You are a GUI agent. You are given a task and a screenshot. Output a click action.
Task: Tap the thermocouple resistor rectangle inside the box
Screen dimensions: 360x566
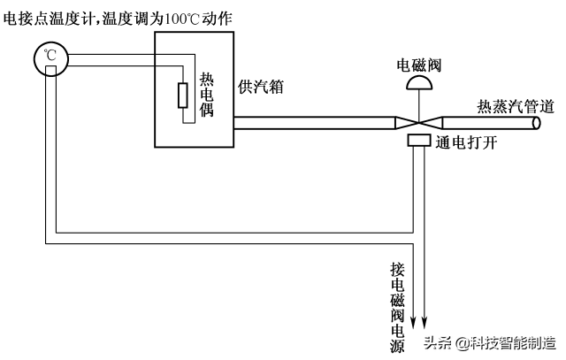pyautogui.click(x=183, y=95)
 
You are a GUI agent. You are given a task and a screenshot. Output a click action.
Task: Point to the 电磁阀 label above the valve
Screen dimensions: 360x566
pyautogui.click(x=420, y=65)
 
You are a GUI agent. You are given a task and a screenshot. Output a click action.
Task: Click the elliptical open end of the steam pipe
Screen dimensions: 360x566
pyautogui.click(x=535, y=123)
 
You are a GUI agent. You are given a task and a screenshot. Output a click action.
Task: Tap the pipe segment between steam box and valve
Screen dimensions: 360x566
pyautogui.click(x=310, y=123)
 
